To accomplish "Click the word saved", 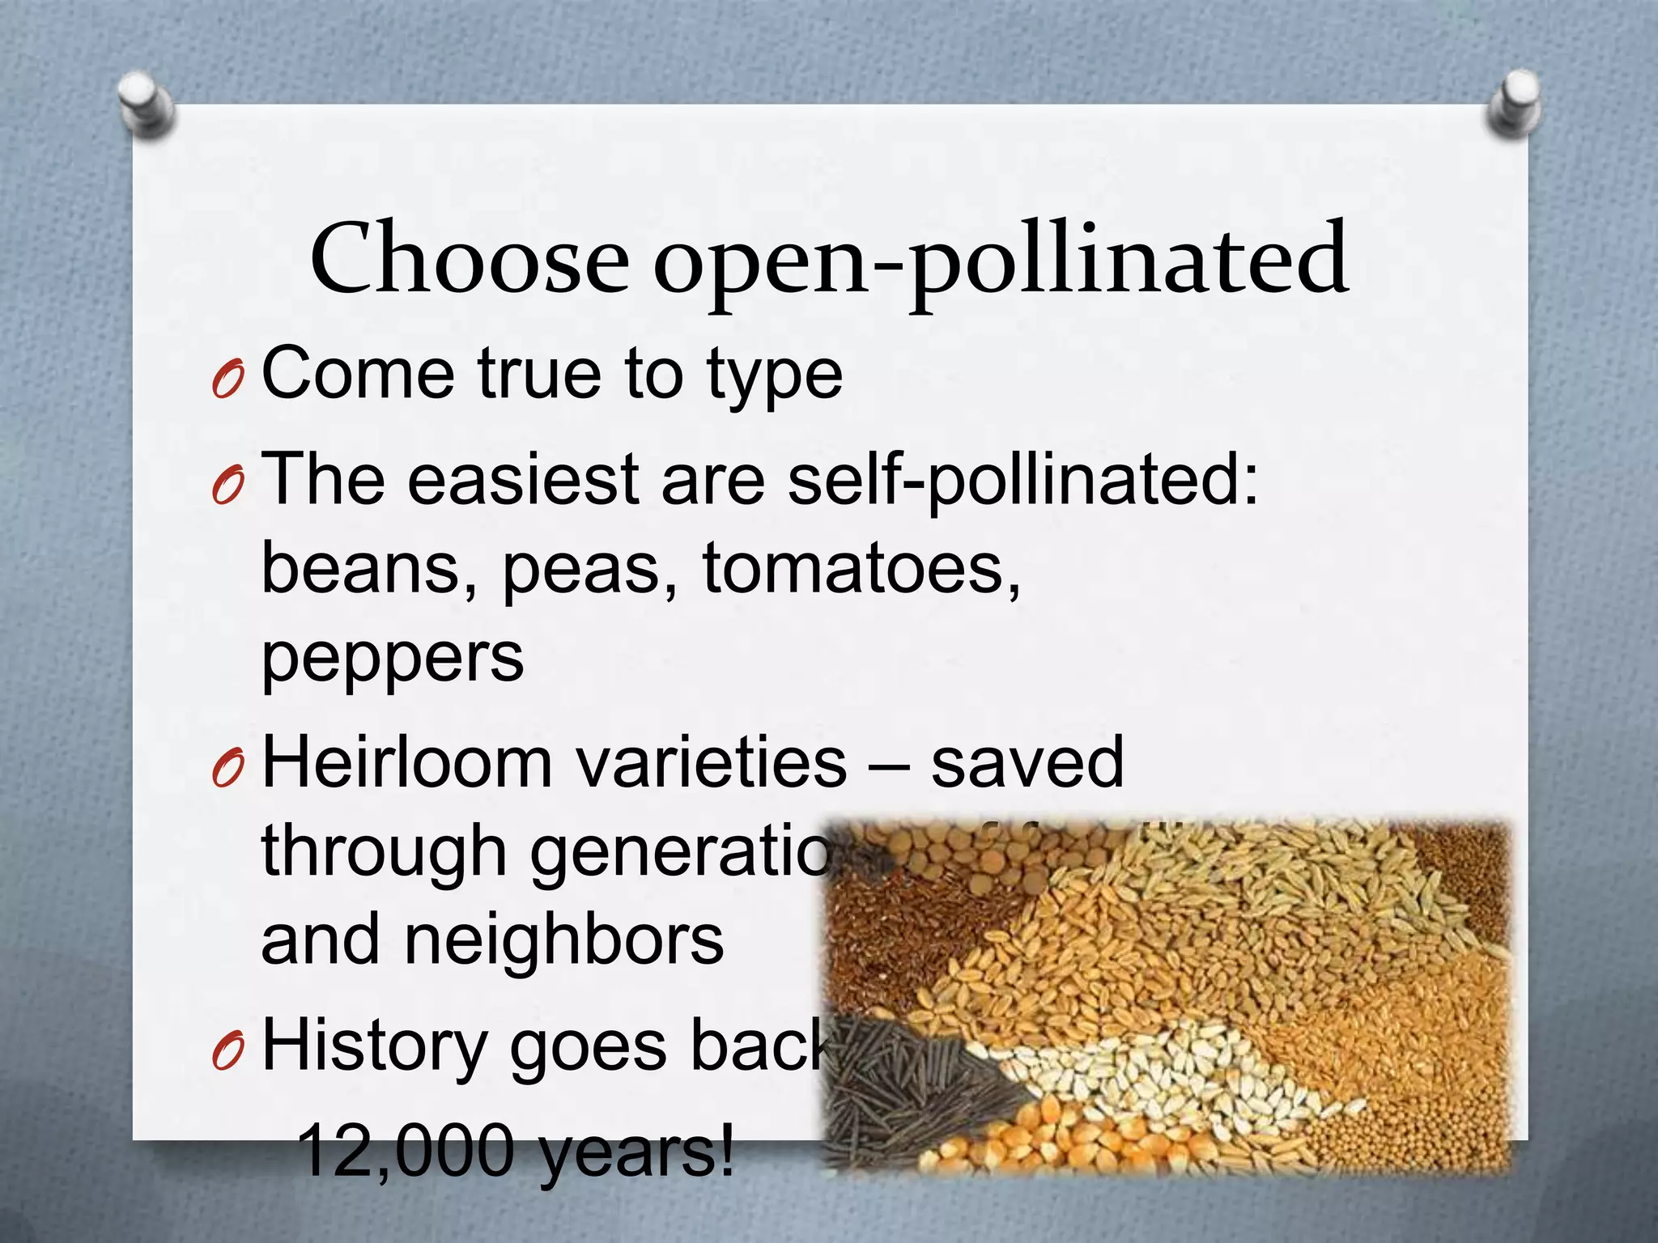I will [x=1027, y=762].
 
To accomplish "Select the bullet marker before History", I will [x=227, y=1051].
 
